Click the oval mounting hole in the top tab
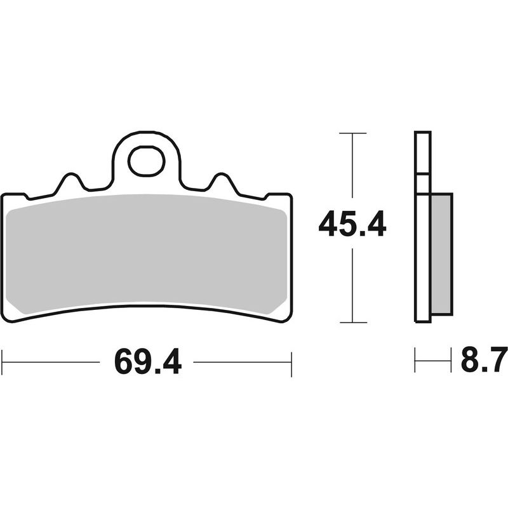coord(146,161)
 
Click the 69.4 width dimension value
coord(148,362)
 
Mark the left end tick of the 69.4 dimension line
coord(3,362)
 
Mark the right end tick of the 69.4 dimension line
coord(291,362)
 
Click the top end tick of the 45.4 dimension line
coord(352,133)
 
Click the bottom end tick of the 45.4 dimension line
coord(352,322)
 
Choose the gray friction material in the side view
coord(441,254)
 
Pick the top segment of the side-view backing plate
coord(423,152)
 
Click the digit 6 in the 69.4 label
coord(125,362)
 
